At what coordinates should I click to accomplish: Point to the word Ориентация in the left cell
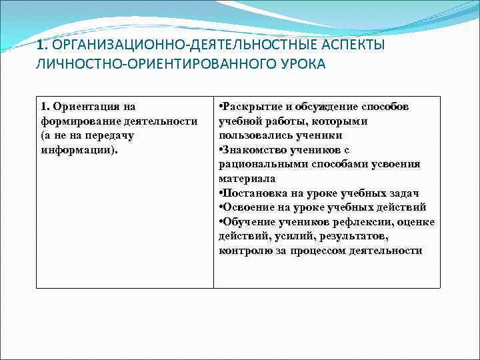coord(88,107)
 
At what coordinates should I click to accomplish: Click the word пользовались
coord(253,135)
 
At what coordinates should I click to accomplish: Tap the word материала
coord(247,179)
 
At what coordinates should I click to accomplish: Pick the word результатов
coord(355,236)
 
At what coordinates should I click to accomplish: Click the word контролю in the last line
coord(243,251)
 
